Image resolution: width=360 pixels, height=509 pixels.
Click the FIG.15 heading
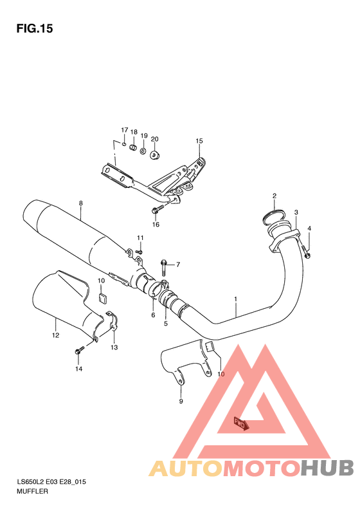pyautogui.click(x=35, y=28)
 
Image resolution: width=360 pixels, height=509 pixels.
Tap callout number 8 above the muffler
pyautogui.click(x=81, y=204)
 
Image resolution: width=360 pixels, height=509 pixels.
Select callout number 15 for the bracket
pyautogui.click(x=199, y=141)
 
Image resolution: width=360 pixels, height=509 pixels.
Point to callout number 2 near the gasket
pyautogui.click(x=274, y=196)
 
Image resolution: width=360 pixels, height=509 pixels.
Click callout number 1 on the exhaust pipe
pyautogui.click(x=236, y=299)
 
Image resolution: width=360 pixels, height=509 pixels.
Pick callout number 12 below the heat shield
pyautogui.click(x=55, y=335)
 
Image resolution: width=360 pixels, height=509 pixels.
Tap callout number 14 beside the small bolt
pyautogui.click(x=78, y=369)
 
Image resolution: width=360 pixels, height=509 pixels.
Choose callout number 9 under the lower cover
pyautogui.click(x=181, y=401)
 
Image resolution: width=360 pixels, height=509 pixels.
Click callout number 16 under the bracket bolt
pyautogui.click(x=156, y=225)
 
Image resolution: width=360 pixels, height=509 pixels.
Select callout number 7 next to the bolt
pyautogui.click(x=178, y=264)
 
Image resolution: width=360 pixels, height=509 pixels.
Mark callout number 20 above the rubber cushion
pyautogui.click(x=155, y=138)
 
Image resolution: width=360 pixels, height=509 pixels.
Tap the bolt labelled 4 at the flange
pyautogui.click(x=306, y=253)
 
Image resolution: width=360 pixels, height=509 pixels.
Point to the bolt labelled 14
pyautogui.click(x=80, y=351)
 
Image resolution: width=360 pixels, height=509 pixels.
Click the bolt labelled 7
pyautogui.click(x=165, y=263)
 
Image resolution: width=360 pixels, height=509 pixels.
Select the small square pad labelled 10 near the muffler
pyautogui.click(x=102, y=297)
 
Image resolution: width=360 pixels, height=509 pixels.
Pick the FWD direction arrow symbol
pyautogui.click(x=240, y=422)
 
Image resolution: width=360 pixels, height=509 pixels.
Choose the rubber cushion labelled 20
pyautogui.click(x=154, y=154)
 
